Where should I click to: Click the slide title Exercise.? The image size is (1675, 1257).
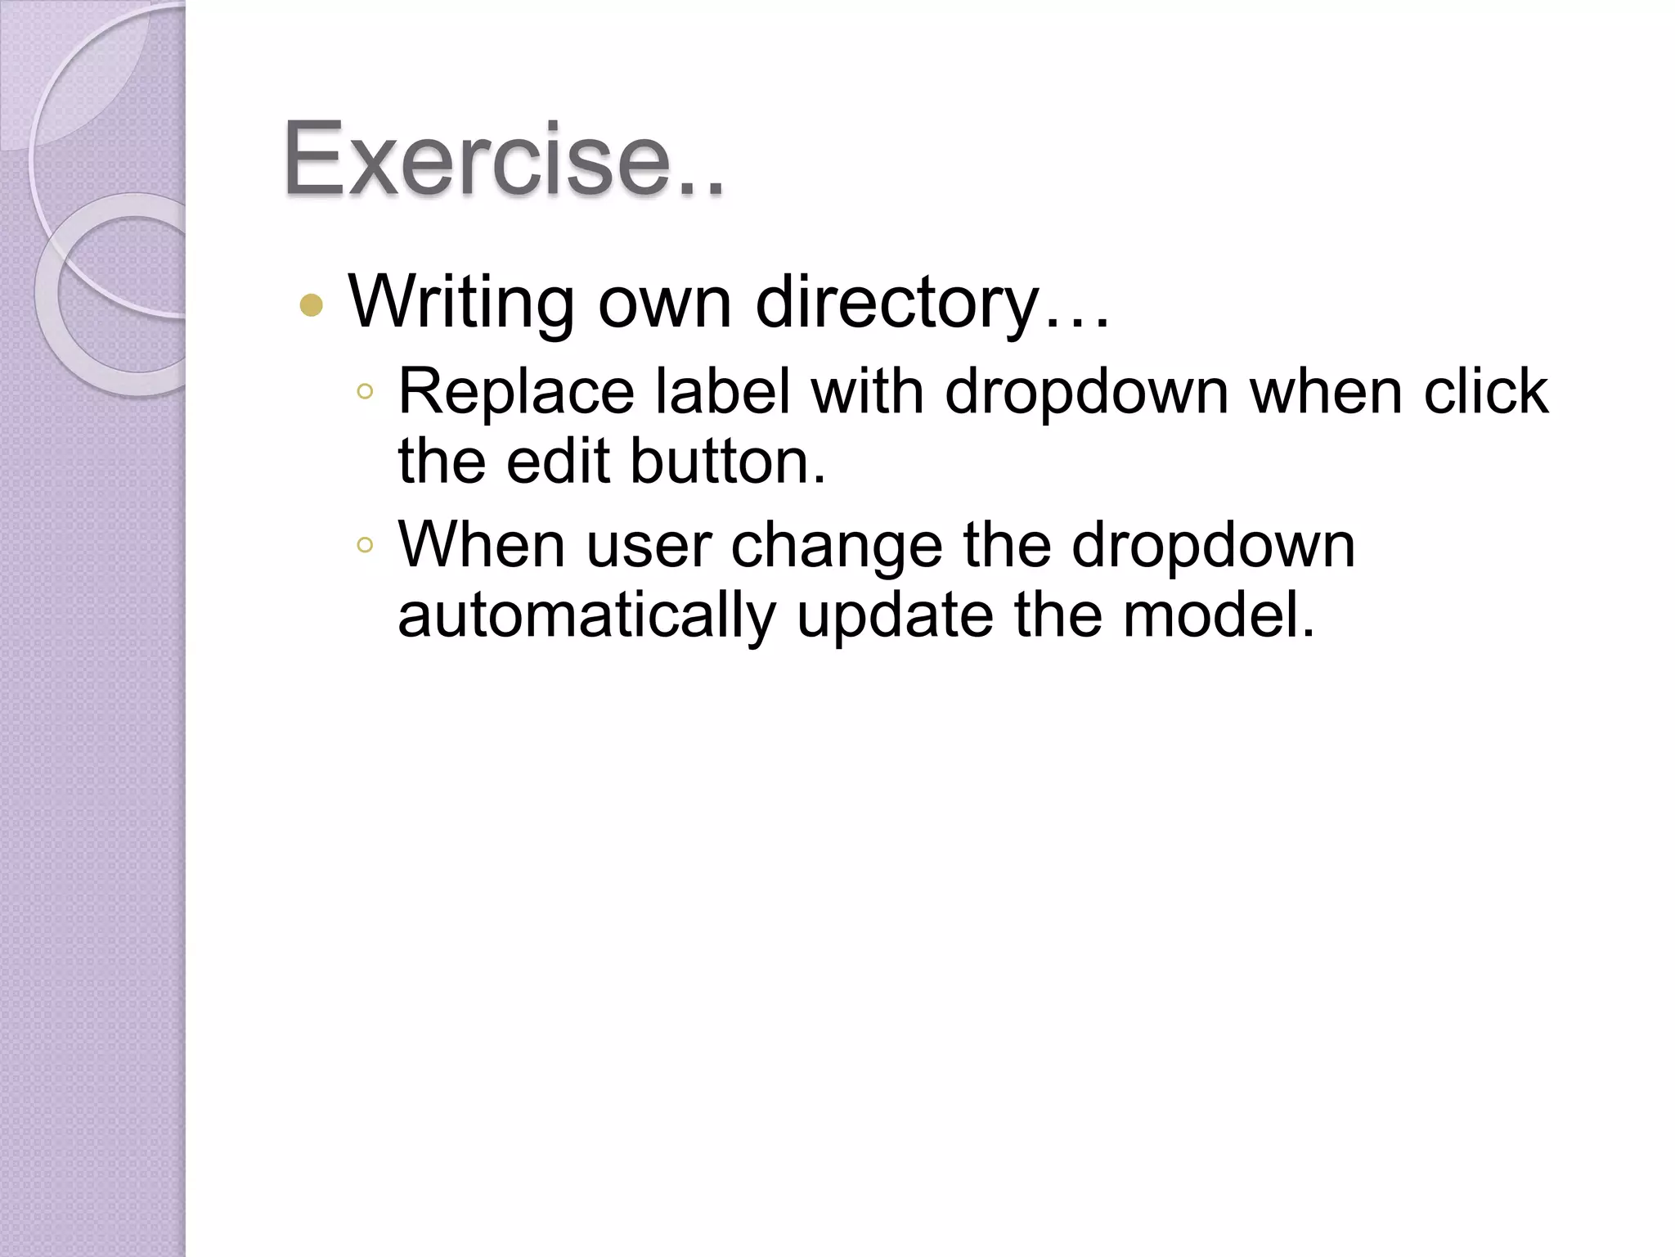pos(503,159)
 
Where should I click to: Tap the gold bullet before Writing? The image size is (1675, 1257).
pos(312,305)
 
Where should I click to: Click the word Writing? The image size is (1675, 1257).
pos(461,303)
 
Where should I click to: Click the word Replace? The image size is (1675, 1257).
pos(516,392)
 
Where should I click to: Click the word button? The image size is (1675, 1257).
pos(728,462)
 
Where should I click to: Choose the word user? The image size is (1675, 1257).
pos(649,547)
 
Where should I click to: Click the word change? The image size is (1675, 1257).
pos(837,547)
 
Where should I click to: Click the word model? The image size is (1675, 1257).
pos(1219,615)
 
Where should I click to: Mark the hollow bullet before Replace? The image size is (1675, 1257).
pos(365,393)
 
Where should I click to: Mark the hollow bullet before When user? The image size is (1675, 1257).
pos(365,545)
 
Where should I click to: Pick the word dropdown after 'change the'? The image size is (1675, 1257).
pos(1214,547)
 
